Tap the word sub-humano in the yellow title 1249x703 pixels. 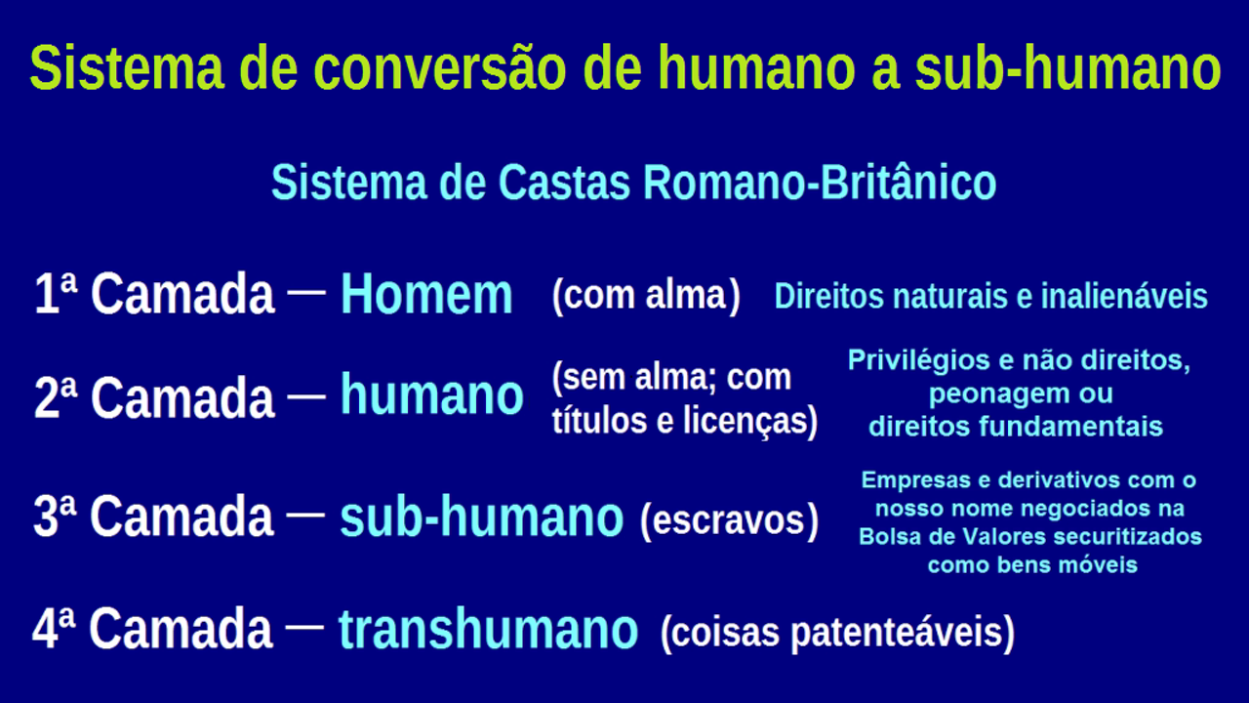(x=1068, y=68)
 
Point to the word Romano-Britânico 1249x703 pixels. (x=819, y=182)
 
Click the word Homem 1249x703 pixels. (x=426, y=294)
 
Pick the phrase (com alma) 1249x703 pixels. (x=646, y=296)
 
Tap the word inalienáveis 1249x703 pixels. (x=1124, y=296)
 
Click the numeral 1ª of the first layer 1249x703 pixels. (x=55, y=293)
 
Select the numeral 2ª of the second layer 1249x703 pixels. (x=55, y=396)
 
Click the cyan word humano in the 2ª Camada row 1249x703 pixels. (x=431, y=394)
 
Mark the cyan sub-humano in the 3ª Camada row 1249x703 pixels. (x=481, y=517)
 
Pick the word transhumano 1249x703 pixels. (x=488, y=628)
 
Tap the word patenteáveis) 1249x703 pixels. (x=903, y=633)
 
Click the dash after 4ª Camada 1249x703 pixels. (x=304, y=627)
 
